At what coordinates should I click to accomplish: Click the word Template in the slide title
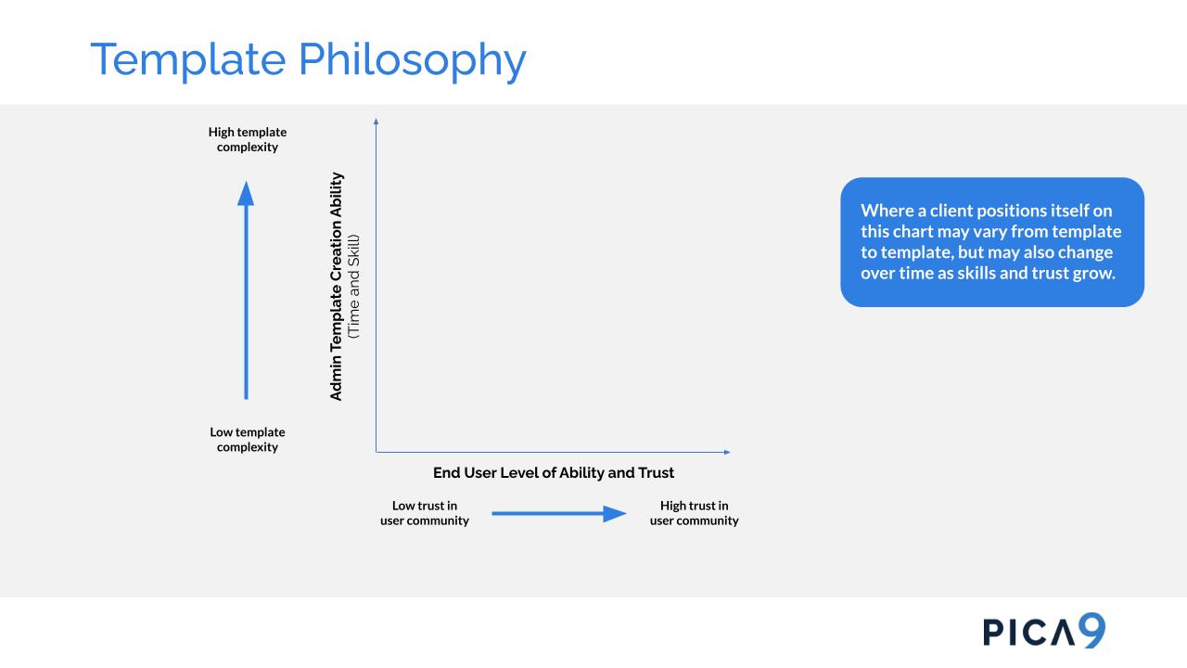(188, 60)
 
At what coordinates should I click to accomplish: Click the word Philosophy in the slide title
(413, 60)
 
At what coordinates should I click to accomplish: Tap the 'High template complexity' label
(248, 139)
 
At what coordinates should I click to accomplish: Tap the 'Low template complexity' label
(248, 440)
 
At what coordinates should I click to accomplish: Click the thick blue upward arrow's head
(246, 193)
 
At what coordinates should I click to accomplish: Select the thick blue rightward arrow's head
(615, 514)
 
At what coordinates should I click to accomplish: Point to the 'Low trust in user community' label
(425, 513)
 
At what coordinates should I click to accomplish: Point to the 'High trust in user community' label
(695, 513)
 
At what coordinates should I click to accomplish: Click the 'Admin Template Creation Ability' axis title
(337, 287)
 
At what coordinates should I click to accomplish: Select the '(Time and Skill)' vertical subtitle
(354, 287)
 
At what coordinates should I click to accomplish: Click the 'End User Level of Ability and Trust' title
(554, 472)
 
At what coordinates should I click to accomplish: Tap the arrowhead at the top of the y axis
(376, 121)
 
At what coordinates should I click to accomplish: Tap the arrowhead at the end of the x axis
(728, 452)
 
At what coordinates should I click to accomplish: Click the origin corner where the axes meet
(377, 452)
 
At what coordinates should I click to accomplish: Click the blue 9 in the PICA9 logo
(1091, 630)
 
